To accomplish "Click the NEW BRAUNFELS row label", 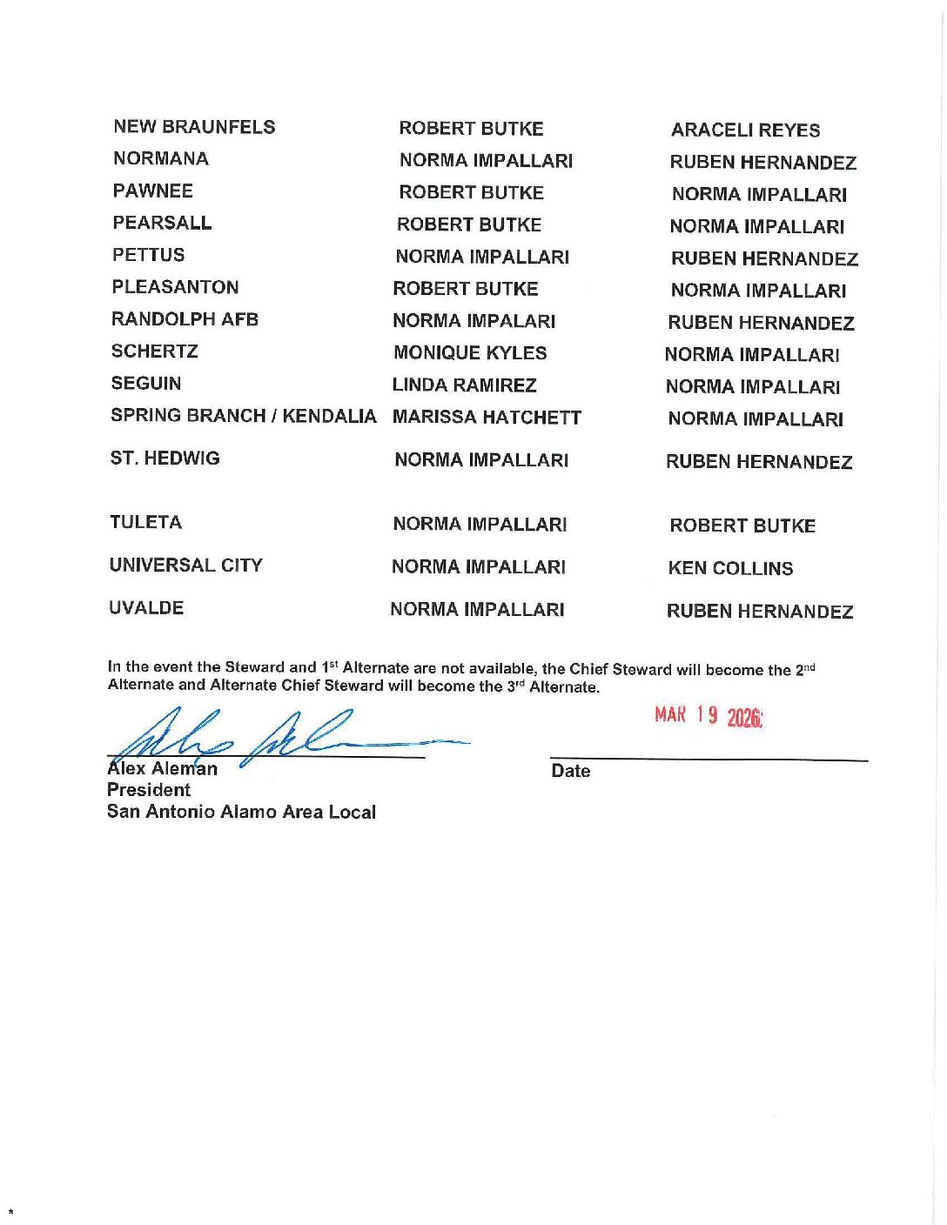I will pos(194,127).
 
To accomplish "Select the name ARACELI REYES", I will pos(745,131).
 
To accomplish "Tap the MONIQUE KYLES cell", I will pos(470,353).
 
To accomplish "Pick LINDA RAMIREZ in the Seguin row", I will pos(464,385).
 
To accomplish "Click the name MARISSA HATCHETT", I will pos(487,418).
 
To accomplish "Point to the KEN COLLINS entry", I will pos(730,569).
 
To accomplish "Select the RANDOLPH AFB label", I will pos(185,319).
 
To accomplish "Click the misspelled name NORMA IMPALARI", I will pos(473,321).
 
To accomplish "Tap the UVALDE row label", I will pos(146,608).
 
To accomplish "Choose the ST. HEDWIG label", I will pos(165,459).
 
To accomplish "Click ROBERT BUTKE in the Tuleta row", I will pos(742,526).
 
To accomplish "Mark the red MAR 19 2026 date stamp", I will pos(709,716).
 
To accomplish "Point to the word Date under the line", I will pos(570,771).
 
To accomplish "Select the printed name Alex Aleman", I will pos(162,769).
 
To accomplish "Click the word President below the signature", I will pos(148,790).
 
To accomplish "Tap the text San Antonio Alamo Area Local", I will pos(241,812).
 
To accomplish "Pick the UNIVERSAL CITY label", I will pos(185,566).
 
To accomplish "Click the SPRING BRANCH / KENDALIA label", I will pos(243,416).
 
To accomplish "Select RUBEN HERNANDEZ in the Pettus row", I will pos(764,259).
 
